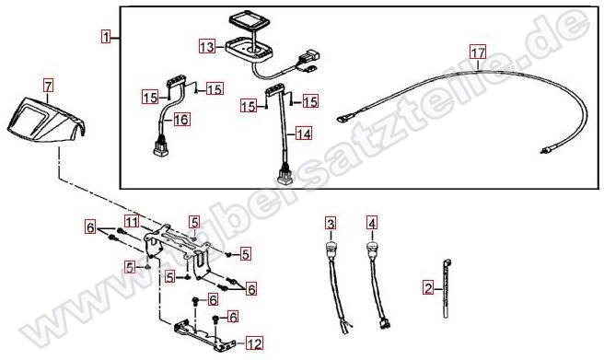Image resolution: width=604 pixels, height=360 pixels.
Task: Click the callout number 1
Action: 106,38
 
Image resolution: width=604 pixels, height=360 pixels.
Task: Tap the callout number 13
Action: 207,47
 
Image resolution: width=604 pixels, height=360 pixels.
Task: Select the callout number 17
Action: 478,52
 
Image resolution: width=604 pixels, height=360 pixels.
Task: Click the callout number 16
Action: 181,120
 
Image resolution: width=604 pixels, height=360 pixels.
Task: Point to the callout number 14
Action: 304,134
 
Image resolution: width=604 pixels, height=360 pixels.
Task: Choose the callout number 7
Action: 48,86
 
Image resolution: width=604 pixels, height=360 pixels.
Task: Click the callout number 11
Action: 132,221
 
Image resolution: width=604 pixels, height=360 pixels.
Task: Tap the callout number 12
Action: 254,343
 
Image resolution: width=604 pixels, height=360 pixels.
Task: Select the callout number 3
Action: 331,223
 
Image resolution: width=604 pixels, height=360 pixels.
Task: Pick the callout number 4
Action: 371,223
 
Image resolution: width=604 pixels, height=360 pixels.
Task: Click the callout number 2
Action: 428,287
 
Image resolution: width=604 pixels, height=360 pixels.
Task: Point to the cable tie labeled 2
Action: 447,289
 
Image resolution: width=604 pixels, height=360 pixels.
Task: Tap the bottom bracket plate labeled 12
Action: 204,335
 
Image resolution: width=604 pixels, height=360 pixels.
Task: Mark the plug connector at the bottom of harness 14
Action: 284,175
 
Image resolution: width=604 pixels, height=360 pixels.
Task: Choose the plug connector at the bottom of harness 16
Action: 161,149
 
